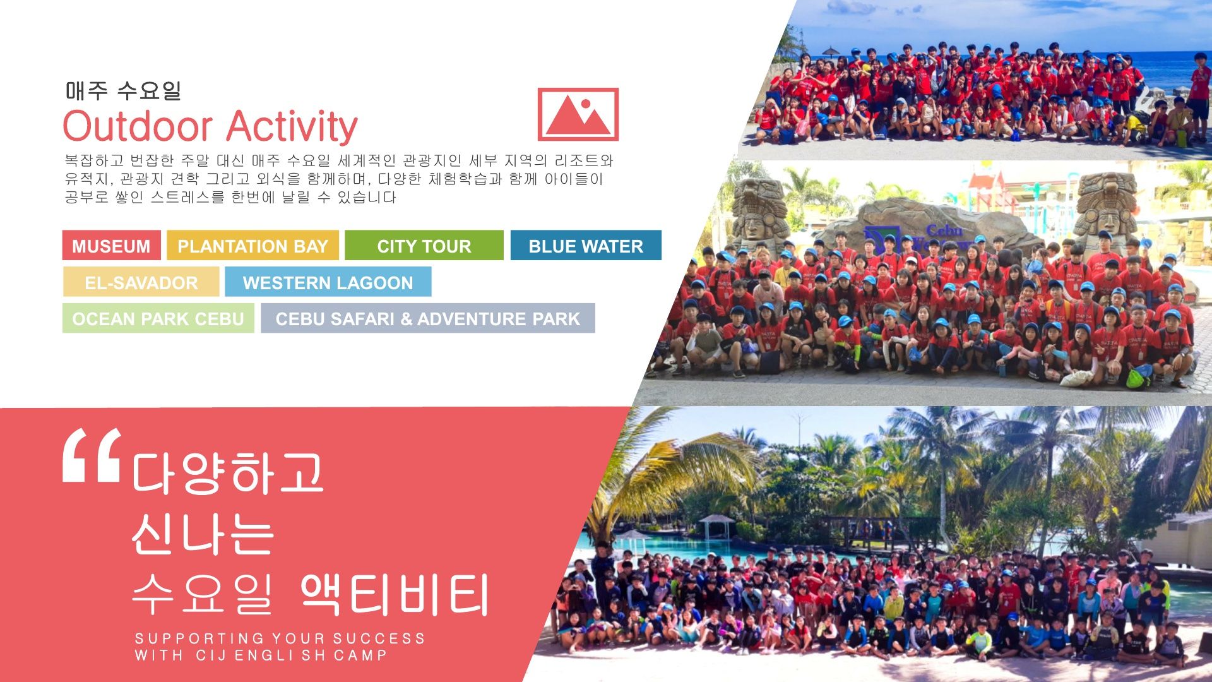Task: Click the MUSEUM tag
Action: [112, 246]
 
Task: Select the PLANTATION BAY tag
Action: [252, 246]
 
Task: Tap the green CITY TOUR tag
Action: [424, 246]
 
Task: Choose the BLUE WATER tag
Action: [586, 246]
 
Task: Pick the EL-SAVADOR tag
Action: [141, 282]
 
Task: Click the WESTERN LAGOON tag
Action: [328, 282]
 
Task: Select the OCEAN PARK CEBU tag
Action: [158, 318]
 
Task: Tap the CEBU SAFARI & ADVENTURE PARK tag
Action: [428, 318]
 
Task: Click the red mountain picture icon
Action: [578, 114]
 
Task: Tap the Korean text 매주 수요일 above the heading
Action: [123, 91]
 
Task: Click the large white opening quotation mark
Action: [92, 455]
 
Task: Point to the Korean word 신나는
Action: [203, 534]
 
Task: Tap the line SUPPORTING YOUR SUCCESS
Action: [280, 638]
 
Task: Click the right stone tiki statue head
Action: [1105, 206]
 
